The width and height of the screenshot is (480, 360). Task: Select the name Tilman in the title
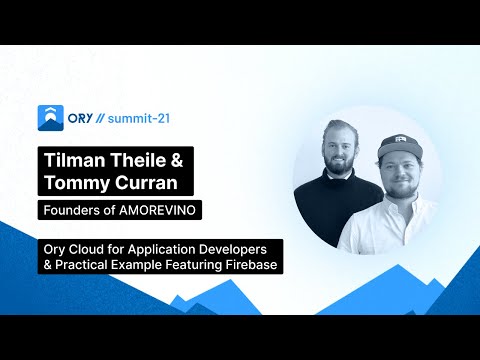click(x=71, y=160)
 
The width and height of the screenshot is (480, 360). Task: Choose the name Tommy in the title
click(x=71, y=185)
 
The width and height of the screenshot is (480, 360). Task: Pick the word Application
click(x=163, y=247)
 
